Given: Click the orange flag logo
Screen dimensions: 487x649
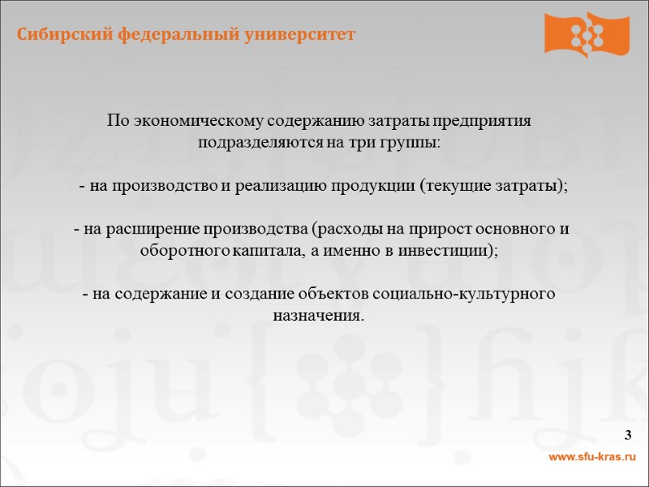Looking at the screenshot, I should pyautogui.click(x=586, y=33).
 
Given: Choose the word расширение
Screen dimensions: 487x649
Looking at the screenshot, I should pyautogui.click(x=157, y=229).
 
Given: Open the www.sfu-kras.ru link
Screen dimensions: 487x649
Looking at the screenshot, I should pyautogui.click(x=592, y=459).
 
